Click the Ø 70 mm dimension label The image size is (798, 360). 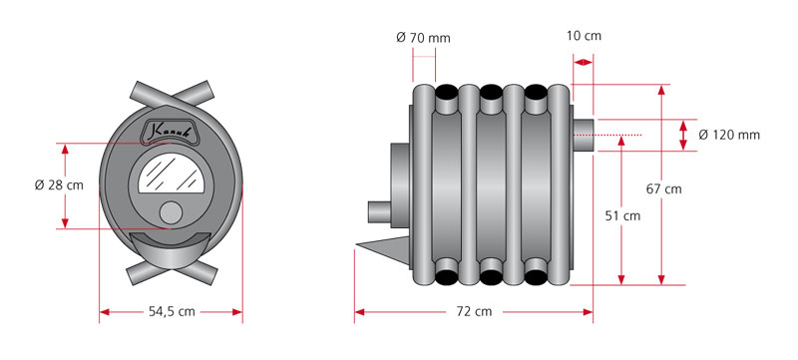coord(423,38)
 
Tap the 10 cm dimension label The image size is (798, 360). coord(584,36)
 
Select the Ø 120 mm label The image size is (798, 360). coord(729,135)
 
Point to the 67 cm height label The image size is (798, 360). coord(663,189)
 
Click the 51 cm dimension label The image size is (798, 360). coord(622,215)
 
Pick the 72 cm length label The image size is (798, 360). coord(475,311)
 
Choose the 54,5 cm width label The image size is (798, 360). coord(172,312)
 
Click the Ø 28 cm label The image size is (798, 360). coord(59,185)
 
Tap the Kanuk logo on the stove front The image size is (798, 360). coord(171,133)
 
